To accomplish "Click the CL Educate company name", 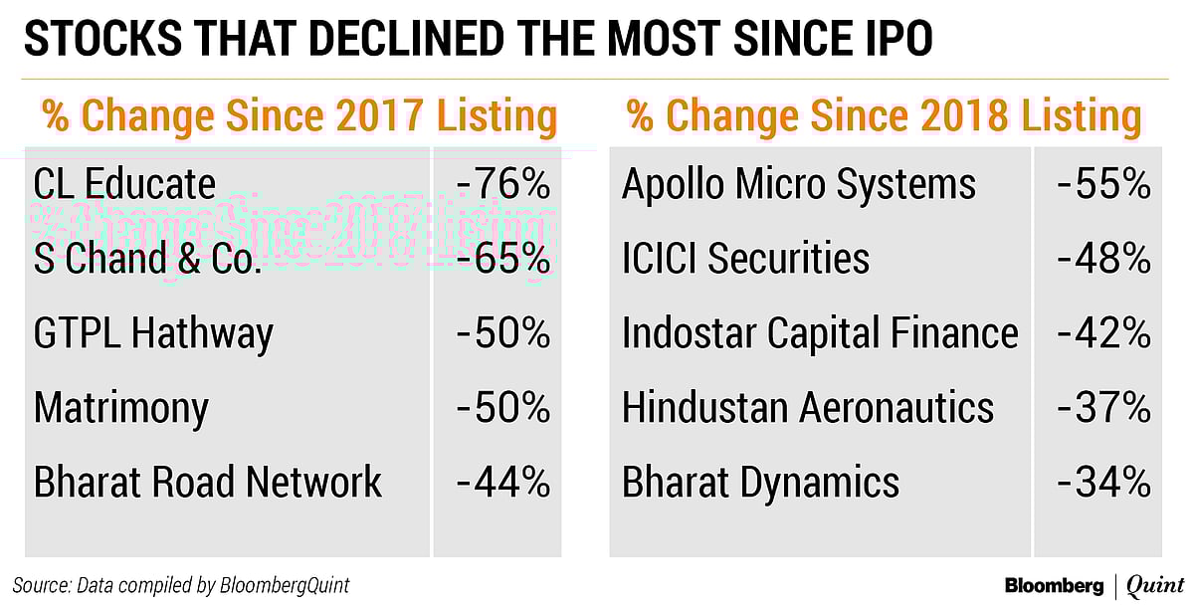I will pyautogui.click(x=124, y=184).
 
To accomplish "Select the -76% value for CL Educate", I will pyautogui.click(x=502, y=184).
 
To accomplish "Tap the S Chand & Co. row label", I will pyautogui.click(x=148, y=259).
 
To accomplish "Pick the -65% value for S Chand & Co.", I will pyautogui.click(x=502, y=259).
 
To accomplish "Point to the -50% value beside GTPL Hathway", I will pyautogui.click(x=502, y=333).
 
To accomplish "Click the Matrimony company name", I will pyautogui.click(x=121, y=408).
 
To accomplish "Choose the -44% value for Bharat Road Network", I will pyautogui.click(x=502, y=483).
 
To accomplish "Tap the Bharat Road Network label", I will pyautogui.click(x=208, y=483).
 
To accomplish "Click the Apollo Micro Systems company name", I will pyautogui.click(x=799, y=184).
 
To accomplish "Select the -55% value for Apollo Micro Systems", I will pyautogui.click(x=1103, y=184).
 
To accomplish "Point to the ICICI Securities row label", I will pyautogui.click(x=745, y=259).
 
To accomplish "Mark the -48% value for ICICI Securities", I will pyautogui.click(x=1103, y=259).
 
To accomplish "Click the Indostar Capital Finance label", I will pyautogui.click(x=820, y=333).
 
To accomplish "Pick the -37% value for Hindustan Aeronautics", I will pyautogui.click(x=1103, y=408).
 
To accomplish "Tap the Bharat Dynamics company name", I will pyautogui.click(x=760, y=483).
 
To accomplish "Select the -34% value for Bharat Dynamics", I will pyautogui.click(x=1103, y=483).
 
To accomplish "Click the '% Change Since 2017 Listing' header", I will pyautogui.click(x=298, y=116).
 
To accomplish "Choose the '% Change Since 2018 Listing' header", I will pyautogui.click(x=884, y=116).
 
